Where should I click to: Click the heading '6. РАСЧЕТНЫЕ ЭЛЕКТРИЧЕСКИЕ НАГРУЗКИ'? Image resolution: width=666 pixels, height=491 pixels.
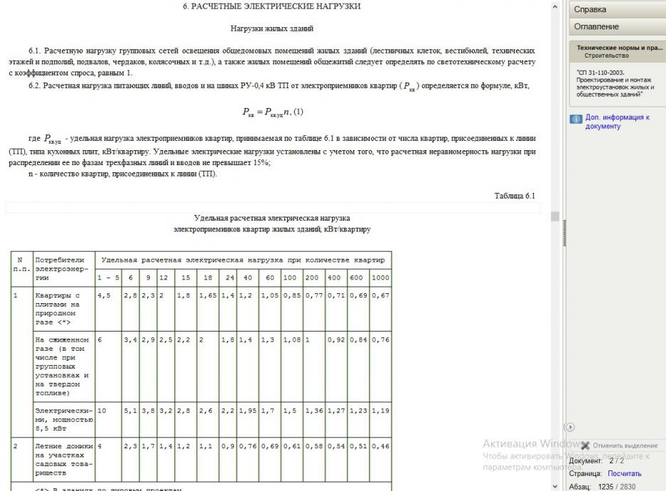point(272,6)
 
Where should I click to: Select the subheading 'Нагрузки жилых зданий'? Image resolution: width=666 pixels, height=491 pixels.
point(272,29)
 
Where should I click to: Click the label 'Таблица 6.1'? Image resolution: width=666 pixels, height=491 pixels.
point(515,196)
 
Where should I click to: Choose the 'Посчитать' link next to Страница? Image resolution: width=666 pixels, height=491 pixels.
point(625,473)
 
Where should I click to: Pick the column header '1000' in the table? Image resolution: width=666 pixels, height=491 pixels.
point(380,277)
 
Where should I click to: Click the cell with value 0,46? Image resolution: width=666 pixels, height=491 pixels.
point(380,445)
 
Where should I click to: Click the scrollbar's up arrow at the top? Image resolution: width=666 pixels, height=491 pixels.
point(555,6)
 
